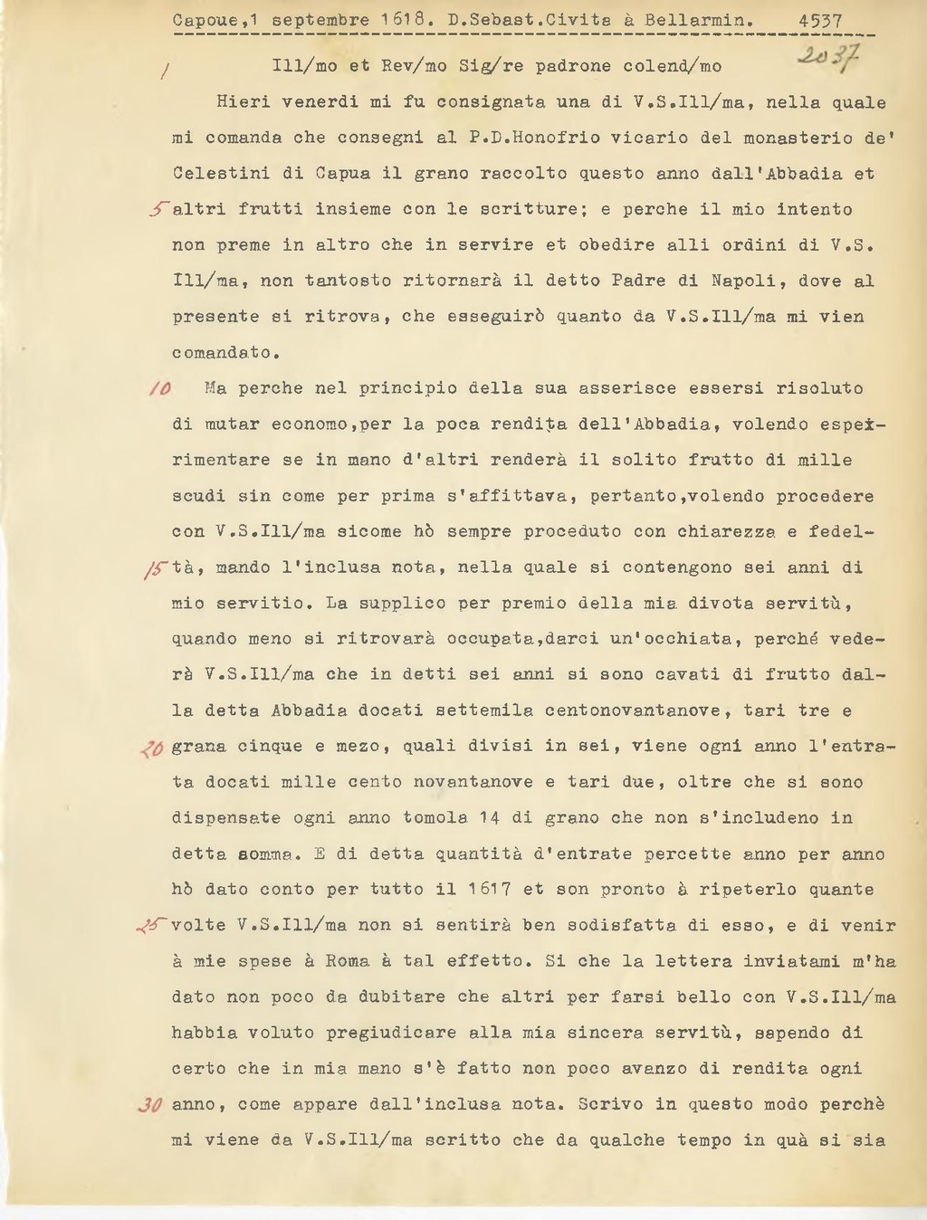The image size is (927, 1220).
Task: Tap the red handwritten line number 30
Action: click(x=150, y=1105)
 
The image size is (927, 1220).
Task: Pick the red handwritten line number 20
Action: click(x=151, y=748)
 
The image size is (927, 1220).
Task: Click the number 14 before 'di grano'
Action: click(x=490, y=818)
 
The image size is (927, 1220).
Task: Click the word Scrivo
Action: click(x=611, y=1104)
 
